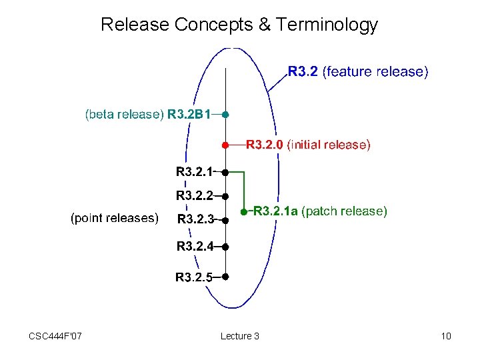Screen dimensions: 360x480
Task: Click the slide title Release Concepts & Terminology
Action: click(x=239, y=25)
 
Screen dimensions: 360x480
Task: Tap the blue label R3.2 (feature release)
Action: click(x=357, y=71)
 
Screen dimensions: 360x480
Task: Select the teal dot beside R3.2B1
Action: click(x=226, y=115)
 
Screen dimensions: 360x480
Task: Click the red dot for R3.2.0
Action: click(x=226, y=144)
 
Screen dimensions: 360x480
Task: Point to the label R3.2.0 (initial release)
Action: click(x=308, y=144)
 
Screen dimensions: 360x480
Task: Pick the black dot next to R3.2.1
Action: click(x=226, y=172)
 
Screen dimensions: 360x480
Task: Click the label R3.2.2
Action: click(x=194, y=196)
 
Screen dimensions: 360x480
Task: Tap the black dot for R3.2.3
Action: click(x=226, y=220)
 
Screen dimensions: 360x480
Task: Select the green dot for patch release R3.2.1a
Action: click(x=245, y=212)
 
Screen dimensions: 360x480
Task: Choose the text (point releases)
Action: click(x=115, y=218)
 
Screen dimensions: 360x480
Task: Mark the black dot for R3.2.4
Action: click(x=226, y=247)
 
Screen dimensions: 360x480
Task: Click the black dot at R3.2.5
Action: click(x=226, y=276)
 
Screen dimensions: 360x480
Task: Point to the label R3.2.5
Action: click(x=193, y=276)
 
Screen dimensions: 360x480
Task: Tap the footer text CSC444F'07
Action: click(x=55, y=336)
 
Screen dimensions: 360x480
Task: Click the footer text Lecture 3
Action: click(x=240, y=336)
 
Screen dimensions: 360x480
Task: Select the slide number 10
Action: click(x=446, y=336)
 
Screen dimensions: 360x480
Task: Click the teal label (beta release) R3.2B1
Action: click(x=147, y=115)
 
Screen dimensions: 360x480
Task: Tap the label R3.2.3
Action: click(x=195, y=219)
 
